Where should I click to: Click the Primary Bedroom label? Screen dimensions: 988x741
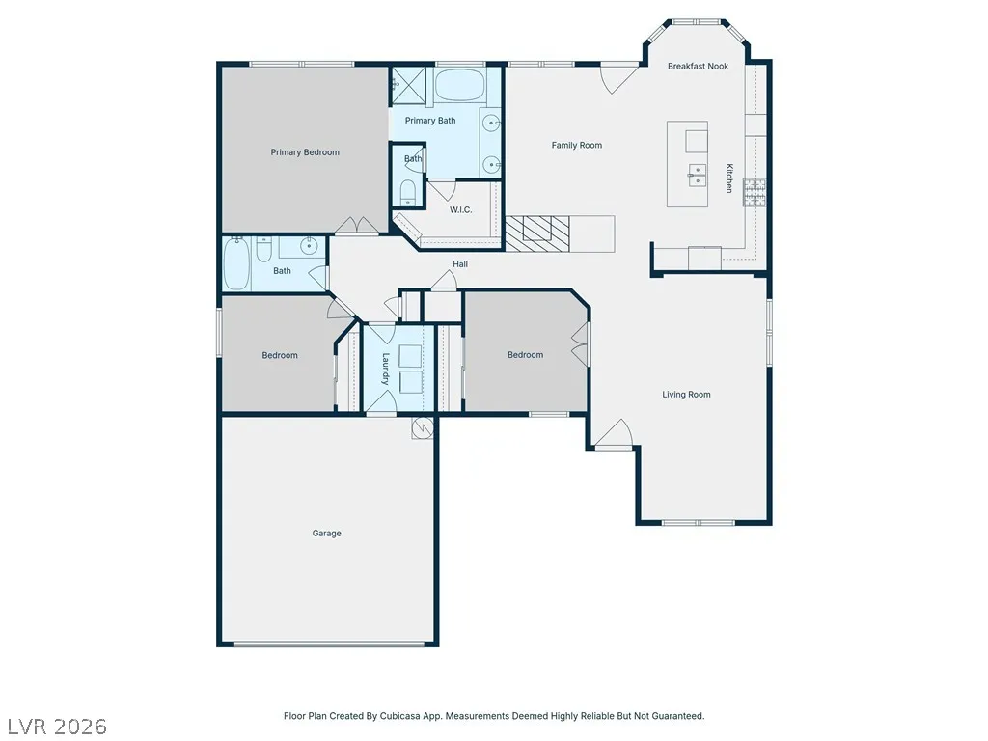305,151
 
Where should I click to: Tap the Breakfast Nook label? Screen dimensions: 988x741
699,67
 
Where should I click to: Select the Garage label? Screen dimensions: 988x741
326,533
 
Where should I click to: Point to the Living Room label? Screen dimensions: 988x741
686,395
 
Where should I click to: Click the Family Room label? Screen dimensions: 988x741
577,145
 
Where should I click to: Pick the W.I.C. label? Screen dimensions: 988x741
460,209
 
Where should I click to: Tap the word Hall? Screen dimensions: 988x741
460,264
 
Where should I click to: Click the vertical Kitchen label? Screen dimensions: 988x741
729,178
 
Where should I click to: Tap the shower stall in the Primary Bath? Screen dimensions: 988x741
408,85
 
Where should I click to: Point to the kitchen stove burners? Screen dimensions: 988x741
755,193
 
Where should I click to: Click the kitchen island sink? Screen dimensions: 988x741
697,176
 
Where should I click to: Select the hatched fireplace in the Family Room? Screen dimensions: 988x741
537,233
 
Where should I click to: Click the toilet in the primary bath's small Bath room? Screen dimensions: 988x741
408,193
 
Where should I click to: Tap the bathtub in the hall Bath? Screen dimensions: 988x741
236,264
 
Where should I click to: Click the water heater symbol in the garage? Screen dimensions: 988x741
423,428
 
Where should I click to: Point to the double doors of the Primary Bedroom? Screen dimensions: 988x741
357,226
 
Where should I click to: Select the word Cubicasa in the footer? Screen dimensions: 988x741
400,716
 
